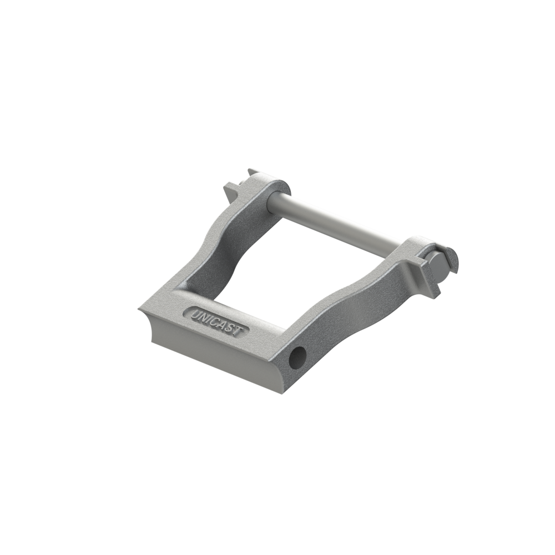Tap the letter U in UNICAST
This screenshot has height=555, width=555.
click(195, 314)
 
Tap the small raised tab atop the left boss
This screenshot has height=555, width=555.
click(253, 173)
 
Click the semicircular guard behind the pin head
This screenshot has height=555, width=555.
click(453, 258)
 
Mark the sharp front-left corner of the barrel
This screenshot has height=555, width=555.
click(139, 306)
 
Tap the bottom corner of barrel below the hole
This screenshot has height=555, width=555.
click(283, 391)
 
